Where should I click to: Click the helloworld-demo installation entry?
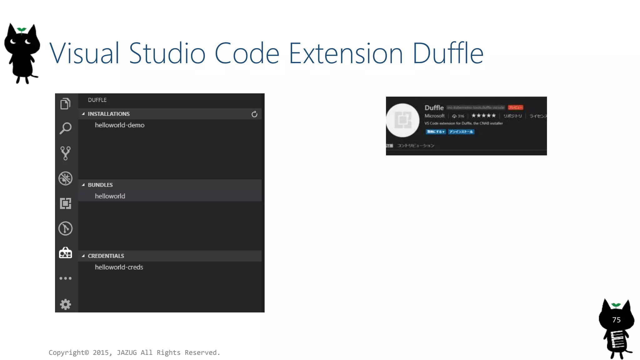click(120, 125)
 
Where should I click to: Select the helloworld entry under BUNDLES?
click(110, 196)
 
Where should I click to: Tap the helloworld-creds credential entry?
click(119, 267)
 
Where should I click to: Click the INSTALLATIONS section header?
click(108, 114)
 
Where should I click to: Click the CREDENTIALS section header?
click(106, 256)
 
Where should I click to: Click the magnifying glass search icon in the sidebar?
click(65, 128)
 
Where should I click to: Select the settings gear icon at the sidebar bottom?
click(65, 304)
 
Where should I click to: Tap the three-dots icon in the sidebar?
click(65, 278)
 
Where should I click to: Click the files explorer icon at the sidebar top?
click(65, 103)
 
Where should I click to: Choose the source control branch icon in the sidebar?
click(65, 153)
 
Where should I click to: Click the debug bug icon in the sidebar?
click(65, 178)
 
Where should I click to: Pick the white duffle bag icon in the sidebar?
click(65, 253)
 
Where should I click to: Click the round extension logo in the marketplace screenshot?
click(402, 120)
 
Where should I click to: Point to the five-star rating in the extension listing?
click(483, 116)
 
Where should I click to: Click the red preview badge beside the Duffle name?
click(515, 107)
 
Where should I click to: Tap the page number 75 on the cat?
click(616, 320)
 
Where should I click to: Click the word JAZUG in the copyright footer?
click(127, 352)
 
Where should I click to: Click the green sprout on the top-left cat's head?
click(22, 30)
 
